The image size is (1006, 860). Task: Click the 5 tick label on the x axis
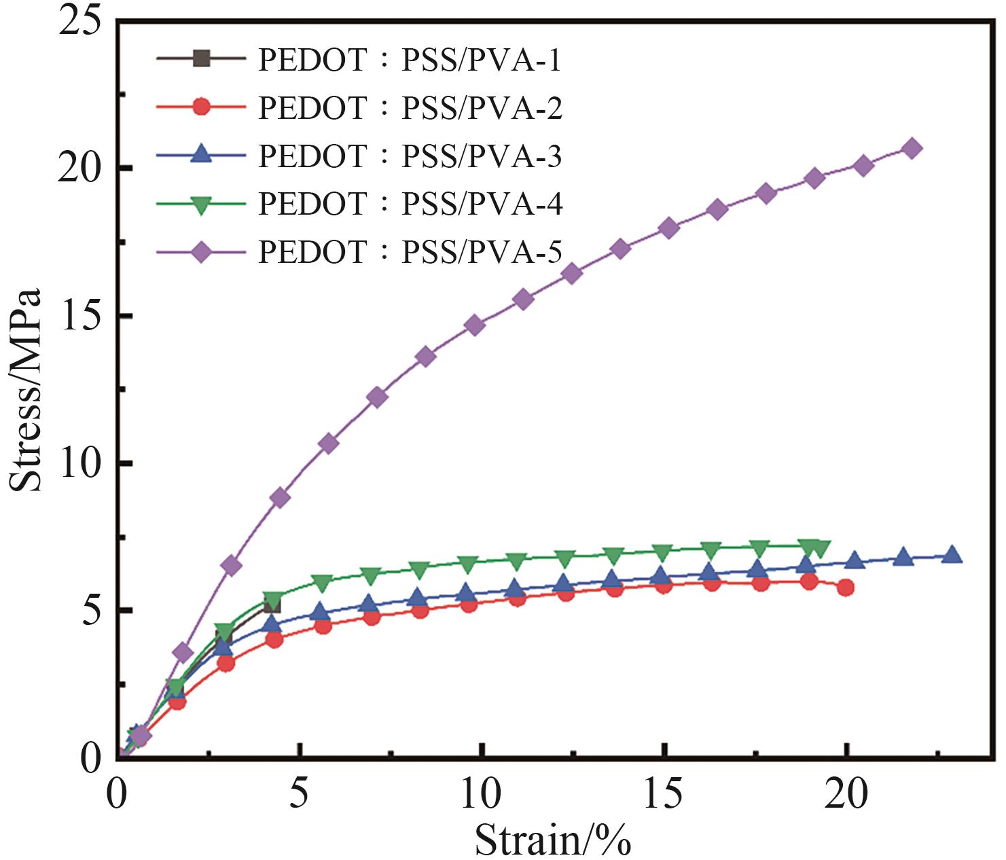click(x=299, y=793)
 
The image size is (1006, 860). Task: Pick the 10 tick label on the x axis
click(x=482, y=793)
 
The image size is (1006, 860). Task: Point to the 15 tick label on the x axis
click(x=663, y=793)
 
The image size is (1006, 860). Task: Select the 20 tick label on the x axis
click(x=846, y=793)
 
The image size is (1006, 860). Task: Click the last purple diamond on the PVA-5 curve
click(x=912, y=148)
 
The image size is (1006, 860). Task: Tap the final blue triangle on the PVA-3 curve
click(x=952, y=554)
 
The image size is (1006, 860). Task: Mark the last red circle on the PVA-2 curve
click(x=846, y=588)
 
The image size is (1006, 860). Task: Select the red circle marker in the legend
click(x=201, y=107)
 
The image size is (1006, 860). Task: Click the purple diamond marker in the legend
click(x=201, y=253)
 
